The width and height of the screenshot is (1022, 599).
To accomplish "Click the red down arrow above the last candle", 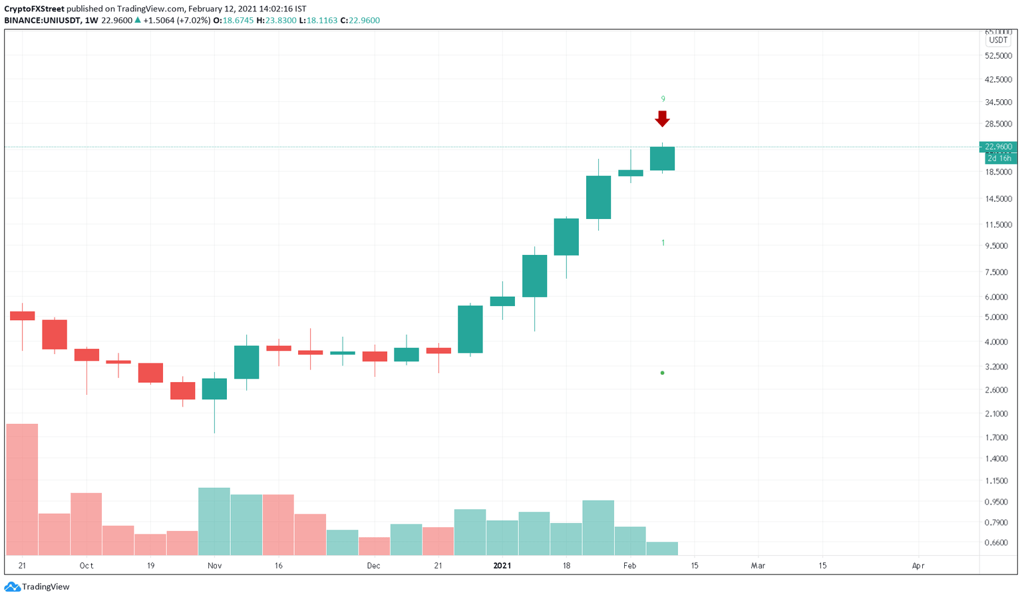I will click(662, 118).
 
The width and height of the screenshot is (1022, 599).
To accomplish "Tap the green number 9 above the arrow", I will click(662, 99).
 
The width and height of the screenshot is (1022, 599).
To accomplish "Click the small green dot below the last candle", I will click(662, 373).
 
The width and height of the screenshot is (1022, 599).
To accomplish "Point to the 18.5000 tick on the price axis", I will click(998, 172).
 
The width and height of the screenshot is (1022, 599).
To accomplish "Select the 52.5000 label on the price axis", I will click(998, 56).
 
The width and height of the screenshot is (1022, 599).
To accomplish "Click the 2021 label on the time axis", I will click(502, 566).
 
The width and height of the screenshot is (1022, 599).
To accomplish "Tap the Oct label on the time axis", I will click(86, 566).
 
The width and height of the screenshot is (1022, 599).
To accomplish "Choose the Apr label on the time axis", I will click(918, 566).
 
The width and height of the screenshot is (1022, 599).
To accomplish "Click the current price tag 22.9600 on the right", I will click(999, 146).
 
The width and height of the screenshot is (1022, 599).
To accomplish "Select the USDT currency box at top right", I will click(998, 40).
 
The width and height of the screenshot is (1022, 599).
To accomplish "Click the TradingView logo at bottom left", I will click(37, 587).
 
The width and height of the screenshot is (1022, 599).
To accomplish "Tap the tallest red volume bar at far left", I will click(22, 489).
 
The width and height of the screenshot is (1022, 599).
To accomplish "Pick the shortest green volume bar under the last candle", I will click(662, 548).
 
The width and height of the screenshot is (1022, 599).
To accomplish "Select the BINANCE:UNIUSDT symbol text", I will click(43, 21).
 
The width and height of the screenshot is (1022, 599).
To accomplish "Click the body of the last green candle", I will click(662, 158).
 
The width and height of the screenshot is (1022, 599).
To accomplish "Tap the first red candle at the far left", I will click(22, 315).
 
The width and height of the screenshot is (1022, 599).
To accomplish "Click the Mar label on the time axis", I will click(758, 566).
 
